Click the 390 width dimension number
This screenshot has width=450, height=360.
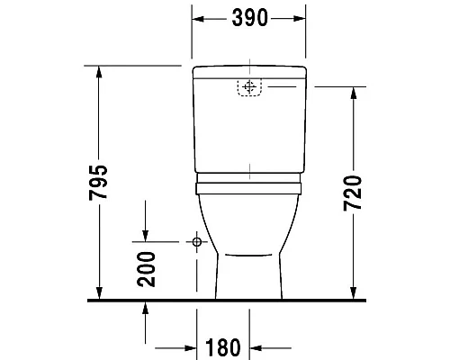click(x=249, y=18)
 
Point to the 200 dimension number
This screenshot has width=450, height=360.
click(x=148, y=267)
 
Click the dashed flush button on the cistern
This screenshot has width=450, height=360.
click(x=249, y=87)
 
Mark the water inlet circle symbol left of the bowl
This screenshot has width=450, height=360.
click(x=195, y=242)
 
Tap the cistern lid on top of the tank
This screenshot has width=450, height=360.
click(x=249, y=70)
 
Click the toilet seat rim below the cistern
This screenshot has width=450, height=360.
click(x=249, y=187)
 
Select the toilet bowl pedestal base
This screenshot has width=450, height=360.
click(x=249, y=279)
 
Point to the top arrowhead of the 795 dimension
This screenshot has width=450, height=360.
click(x=99, y=71)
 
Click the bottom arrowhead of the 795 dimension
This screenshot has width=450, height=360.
click(x=99, y=294)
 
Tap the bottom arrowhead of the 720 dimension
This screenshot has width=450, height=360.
click(x=352, y=294)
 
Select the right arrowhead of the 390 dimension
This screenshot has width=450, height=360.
click(x=301, y=18)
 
